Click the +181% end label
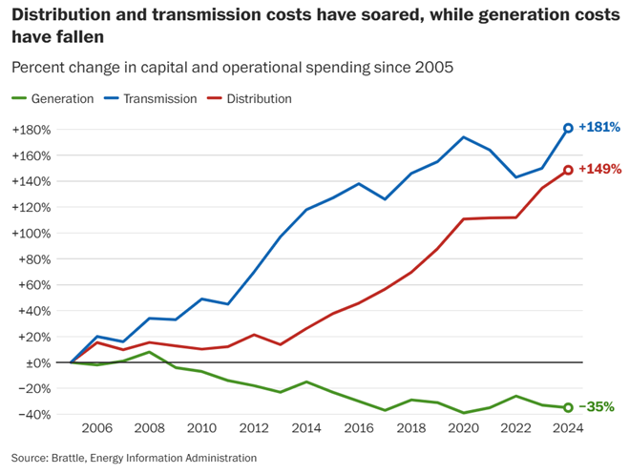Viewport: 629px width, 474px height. (x=599, y=127)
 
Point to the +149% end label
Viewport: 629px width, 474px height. (x=599, y=169)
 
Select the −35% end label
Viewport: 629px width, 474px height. (x=597, y=407)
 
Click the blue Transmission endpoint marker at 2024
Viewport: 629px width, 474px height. (x=568, y=128)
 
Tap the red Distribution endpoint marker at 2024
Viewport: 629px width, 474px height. (x=568, y=170)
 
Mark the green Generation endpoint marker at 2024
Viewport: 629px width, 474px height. (x=568, y=407)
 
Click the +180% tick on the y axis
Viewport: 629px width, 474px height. (x=31, y=130)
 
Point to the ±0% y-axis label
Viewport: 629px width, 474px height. (x=35, y=362)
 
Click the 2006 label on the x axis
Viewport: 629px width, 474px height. (x=96, y=430)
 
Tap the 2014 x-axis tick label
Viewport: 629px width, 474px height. (x=305, y=430)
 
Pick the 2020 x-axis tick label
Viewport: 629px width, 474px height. (x=463, y=430)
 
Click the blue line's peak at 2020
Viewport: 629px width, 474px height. (x=463, y=137)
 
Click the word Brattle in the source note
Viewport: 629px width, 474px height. (x=74, y=458)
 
